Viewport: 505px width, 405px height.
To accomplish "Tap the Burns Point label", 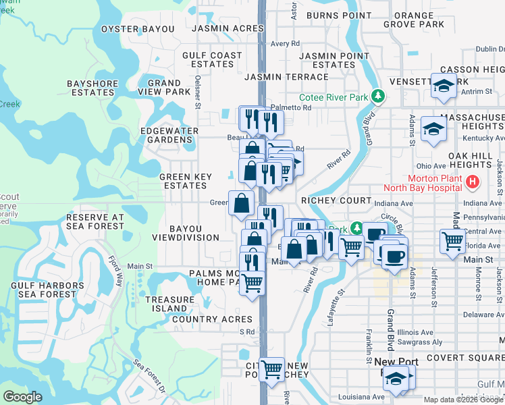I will (x=338, y=15).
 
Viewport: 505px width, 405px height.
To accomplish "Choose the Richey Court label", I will (x=336, y=200).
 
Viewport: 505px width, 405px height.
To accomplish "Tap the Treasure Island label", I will (x=169, y=304).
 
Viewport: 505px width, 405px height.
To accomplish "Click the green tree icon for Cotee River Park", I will (x=377, y=98).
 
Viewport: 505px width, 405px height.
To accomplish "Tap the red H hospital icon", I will (x=472, y=182).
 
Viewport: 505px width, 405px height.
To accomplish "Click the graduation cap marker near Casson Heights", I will (x=444, y=86).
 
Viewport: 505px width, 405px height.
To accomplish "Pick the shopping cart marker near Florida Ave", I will (x=452, y=240).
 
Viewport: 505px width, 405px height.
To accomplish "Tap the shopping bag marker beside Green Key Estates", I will (x=241, y=202).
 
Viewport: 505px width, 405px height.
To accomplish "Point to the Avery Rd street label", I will (x=285, y=43).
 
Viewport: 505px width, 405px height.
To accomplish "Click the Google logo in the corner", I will (x=22, y=397).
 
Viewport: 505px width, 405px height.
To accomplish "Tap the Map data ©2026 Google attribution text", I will (x=462, y=400).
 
